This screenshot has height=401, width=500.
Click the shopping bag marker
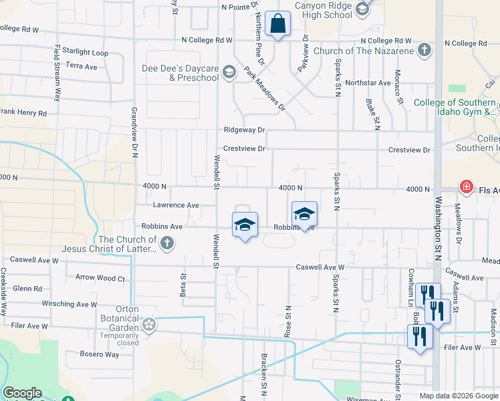(277, 24)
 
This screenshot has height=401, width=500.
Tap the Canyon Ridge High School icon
(362, 9)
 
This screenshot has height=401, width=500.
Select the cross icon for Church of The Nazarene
(424, 50)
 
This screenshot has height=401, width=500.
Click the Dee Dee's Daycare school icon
(229, 72)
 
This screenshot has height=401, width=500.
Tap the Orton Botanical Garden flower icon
(149, 325)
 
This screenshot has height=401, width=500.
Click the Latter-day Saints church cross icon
(166, 244)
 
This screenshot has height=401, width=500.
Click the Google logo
(22, 393)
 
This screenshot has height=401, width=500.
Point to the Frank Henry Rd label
(23, 114)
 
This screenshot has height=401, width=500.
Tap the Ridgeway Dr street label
(245, 130)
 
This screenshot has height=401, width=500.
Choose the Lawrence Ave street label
(176, 205)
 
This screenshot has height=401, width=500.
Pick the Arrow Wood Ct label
(100, 277)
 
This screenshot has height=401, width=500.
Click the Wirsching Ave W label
(69, 304)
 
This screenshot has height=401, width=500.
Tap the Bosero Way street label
(100, 354)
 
